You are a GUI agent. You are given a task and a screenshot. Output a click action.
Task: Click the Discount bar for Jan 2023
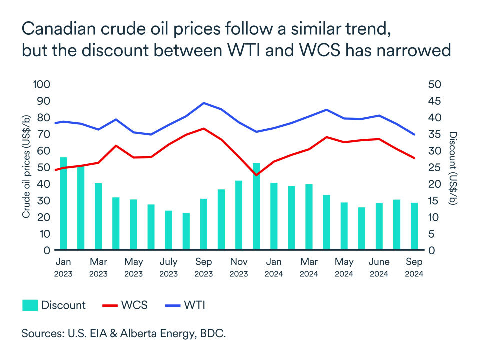(x=63, y=203)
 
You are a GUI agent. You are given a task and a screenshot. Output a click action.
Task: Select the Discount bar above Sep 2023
(x=203, y=224)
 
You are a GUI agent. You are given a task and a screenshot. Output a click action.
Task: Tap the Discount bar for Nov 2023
(x=239, y=215)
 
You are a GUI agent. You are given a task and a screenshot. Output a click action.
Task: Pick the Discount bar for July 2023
(x=168, y=230)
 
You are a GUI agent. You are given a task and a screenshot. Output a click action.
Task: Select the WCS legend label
(x=134, y=305)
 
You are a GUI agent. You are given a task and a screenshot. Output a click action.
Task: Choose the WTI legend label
(x=195, y=305)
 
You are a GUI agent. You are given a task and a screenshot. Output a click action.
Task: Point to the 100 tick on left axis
(x=41, y=84)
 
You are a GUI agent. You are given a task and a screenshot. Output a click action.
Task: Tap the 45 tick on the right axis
(x=434, y=101)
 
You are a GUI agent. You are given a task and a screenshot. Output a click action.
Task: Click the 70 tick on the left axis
(x=43, y=134)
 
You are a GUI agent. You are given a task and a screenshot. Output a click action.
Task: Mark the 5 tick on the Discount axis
(x=432, y=234)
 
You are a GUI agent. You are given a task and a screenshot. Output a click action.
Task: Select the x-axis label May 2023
(x=133, y=267)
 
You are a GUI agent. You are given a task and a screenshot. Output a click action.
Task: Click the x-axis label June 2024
(x=379, y=267)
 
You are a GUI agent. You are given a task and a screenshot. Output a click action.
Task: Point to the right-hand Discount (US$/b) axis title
(x=453, y=169)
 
